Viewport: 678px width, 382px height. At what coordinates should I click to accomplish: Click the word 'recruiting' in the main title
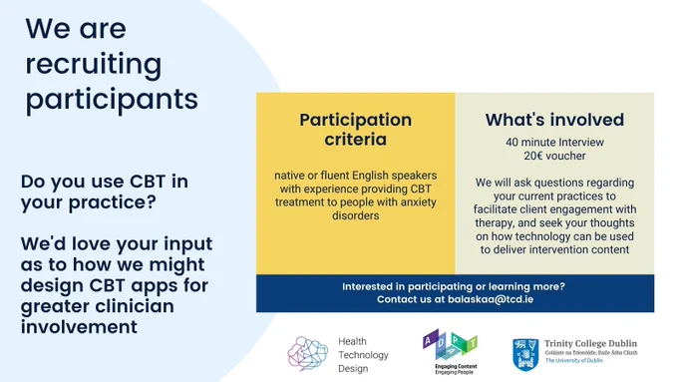(94, 65)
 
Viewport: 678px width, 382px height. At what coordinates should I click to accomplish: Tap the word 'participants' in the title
(112, 100)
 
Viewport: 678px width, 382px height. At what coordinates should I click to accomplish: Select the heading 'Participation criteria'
(355, 130)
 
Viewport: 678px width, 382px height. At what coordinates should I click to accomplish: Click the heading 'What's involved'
(554, 120)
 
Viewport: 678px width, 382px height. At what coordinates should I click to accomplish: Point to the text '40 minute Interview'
(554, 143)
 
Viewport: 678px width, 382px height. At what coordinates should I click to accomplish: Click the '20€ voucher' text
(554, 156)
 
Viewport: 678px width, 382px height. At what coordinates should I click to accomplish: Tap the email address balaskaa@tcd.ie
(491, 299)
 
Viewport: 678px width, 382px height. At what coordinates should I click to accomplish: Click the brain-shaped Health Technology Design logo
(307, 354)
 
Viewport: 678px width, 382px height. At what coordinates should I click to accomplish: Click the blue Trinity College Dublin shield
(525, 355)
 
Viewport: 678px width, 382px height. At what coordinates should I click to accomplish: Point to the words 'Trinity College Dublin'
(590, 343)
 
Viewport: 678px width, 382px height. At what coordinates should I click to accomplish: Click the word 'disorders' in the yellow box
(355, 215)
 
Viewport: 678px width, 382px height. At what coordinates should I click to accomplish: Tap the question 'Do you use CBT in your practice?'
(105, 191)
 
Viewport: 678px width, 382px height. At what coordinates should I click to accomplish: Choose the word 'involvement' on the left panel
(79, 326)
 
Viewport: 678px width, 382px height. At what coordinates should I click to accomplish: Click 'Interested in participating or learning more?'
(454, 286)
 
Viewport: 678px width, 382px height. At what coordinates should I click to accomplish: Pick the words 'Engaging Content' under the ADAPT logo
(456, 366)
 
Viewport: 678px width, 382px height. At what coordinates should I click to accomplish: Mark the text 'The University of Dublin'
(573, 360)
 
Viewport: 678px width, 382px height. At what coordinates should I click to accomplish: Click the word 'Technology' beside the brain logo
(363, 355)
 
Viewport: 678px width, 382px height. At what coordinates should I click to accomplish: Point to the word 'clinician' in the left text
(141, 306)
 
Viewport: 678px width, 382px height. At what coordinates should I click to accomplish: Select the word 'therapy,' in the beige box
(496, 223)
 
